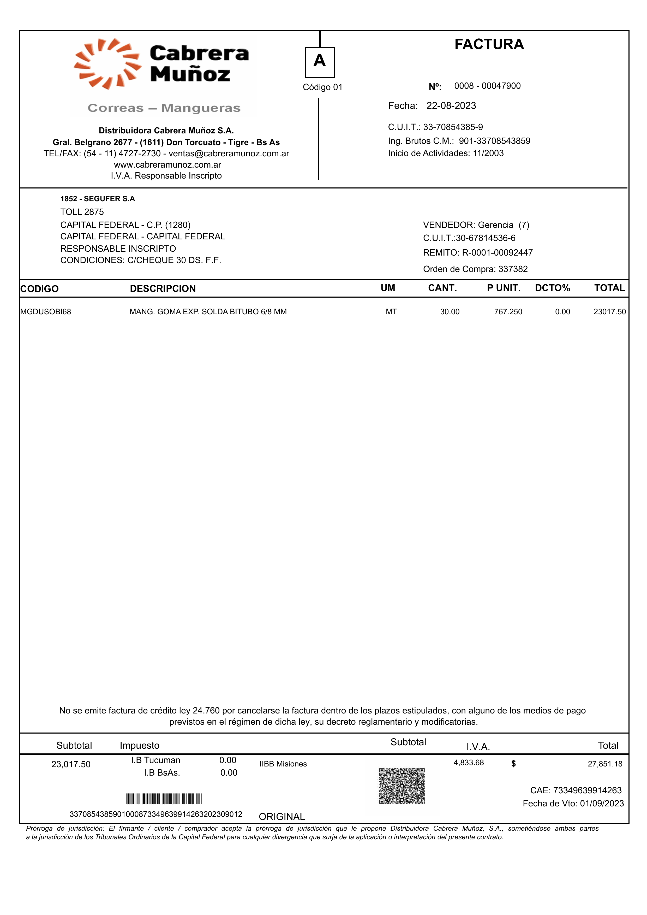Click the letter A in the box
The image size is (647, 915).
tap(320, 61)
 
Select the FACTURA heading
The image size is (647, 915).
tap(489, 44)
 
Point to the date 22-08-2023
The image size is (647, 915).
tap(451, 106)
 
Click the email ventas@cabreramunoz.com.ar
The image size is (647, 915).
tap(229, 154)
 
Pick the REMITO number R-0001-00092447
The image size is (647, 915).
tap(497, 253)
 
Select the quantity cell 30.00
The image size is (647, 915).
tap(450, 312)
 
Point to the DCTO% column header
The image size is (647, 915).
tap(552, 288)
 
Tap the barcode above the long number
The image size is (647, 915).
tap(164, 799)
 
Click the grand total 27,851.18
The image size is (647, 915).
tap(605, 764)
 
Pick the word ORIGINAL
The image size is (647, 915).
tap(282, 817)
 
